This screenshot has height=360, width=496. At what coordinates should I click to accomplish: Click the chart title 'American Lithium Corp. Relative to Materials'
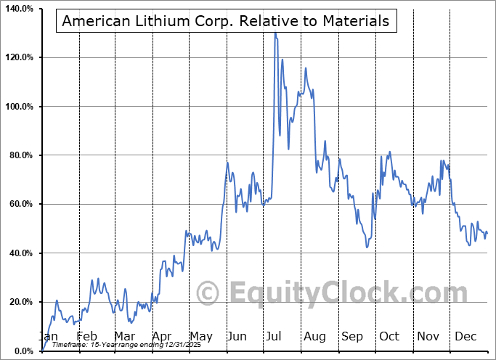[x=225, y=21]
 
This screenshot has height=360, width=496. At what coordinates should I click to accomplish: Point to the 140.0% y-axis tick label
[x=19, y=9]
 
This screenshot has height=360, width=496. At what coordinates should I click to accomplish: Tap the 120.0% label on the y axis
[x=19, y=57]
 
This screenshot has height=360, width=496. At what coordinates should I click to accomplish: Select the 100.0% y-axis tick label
[x=19, y=107]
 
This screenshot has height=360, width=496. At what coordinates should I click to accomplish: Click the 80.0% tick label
[x=20, y=155]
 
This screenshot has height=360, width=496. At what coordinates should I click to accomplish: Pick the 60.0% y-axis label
[x=20, y=204]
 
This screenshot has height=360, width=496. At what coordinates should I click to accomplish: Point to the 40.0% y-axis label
[x=20, y=253]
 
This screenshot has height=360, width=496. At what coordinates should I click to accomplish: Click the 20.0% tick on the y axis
[x=20, y=302]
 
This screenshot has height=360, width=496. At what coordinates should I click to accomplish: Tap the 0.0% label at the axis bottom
[x=23, y=351]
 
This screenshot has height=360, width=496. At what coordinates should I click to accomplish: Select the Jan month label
[x=48, y=336]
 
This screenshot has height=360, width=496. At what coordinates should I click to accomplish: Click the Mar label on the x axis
[x=124, y=336]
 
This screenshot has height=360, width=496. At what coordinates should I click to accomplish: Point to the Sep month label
[x=352, y=336]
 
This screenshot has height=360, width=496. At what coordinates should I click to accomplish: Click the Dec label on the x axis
[x=465, y=336]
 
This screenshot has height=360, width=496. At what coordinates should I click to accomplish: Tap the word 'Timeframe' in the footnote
[x=69, y=345]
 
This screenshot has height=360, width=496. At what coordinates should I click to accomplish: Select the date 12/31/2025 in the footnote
[x=182, y=345]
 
